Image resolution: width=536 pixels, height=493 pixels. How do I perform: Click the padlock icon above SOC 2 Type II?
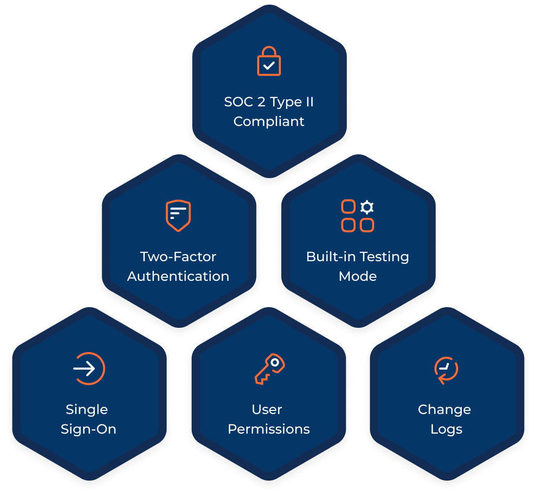click(269, 61)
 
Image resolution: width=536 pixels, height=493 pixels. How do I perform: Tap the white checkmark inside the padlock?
click(269, 65)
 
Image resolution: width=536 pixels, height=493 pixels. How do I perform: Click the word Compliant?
click(269, 121)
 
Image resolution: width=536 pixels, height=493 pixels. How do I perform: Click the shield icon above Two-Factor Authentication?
click(178, 216)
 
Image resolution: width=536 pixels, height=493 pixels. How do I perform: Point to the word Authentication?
click(178, 276)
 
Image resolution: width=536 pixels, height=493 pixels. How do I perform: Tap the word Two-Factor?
click(178, 257)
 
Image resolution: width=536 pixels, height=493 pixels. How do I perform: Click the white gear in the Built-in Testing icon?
click(367, 207)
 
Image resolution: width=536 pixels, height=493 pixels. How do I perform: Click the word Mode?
click(358, 276)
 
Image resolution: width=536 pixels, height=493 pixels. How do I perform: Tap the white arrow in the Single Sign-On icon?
click(84, 369)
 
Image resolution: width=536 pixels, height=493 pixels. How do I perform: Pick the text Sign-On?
click(89, 430)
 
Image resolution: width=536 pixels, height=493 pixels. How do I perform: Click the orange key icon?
click(270, 369)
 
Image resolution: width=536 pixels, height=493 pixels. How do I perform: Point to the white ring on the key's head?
click(275, 362)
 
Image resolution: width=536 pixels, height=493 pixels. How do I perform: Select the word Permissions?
click(269, 430)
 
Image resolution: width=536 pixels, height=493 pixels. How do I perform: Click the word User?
click(267, 409)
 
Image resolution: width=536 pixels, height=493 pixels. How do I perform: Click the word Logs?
click(446, 430)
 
